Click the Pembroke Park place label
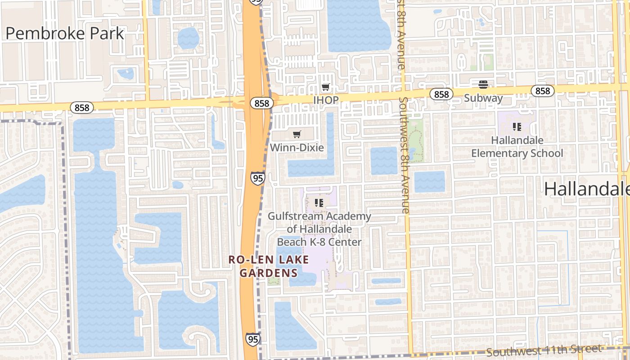tap(65, 33)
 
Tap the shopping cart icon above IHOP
tap(325, 87)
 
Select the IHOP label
tap(325, 100)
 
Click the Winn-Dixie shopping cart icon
tap(297, 134)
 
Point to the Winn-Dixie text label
tap(297, 147)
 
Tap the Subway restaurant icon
tap(483, 84)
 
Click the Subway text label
tap(483, 98)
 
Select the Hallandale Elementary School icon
tap(517, 127)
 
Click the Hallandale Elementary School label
tap(517, 147)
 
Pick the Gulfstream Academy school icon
tap(319, 203)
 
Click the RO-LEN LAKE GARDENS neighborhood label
tap(269, 266)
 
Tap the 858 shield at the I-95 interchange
tap(261, 103)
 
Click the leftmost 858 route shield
tap(82, 108)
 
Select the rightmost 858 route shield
tap(543, 91)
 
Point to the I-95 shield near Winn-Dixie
tap(258, 178)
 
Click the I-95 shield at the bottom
tap(252, 339)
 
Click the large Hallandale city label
tap(586, 189)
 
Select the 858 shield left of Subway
tap(441, 94)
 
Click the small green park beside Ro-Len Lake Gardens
tap(273, 281)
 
